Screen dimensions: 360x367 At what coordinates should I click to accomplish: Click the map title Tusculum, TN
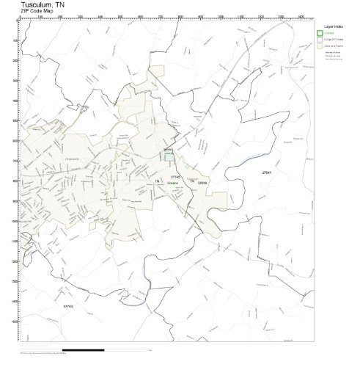click(x=42, y=4)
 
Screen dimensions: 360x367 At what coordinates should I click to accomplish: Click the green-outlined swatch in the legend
click(x=319, y=33)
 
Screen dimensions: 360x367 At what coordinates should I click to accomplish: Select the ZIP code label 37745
click(x=175, y=177)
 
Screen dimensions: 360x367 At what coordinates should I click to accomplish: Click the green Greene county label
click(x=172, y=183)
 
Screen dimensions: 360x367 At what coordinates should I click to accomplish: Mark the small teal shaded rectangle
click(x=169, y=156)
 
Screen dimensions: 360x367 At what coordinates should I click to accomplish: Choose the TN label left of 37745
click(x=157, y=181)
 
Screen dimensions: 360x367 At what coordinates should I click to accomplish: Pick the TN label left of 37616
click(x=192, y=181)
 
